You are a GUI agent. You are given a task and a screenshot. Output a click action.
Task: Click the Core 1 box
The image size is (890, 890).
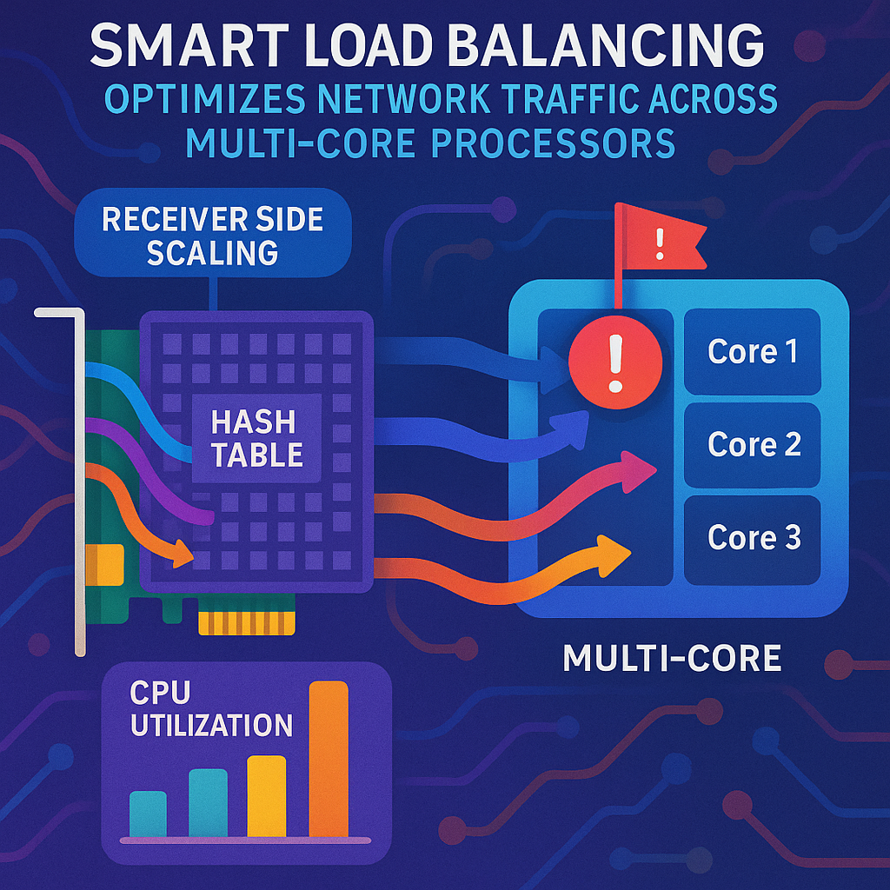coord(753,351)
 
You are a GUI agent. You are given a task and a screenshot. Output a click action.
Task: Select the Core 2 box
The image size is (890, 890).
coord(753,444)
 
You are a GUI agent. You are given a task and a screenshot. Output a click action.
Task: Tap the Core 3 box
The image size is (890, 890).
coord(753,537)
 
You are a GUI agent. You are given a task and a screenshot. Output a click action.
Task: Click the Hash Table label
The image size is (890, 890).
coord(257,439)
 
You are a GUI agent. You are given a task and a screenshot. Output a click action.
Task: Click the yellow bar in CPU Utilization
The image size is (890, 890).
coord(267,795)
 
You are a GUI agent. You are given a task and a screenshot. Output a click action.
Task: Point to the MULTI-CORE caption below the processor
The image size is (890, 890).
coord(672,658)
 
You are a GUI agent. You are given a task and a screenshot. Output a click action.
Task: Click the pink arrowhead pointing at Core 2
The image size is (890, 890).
coord(641,469)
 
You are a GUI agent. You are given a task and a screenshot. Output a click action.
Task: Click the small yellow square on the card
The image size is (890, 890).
coord(110,563)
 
